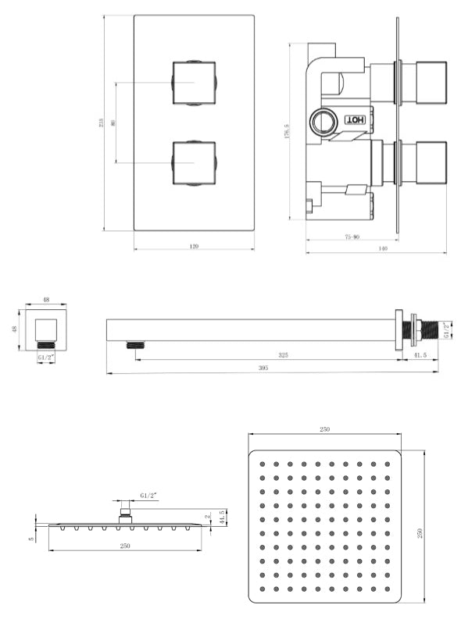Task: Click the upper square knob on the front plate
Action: tap(193, 82)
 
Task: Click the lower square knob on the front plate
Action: tap(193, 162)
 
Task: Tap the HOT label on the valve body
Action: tap(355, 120)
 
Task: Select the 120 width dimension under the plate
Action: tap(194, 246)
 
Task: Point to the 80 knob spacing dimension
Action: tap(114, 122)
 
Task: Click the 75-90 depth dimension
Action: tap(351, 237)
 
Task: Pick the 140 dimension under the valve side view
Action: tap(382, 248)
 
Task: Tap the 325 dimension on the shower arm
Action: tap(283, 355)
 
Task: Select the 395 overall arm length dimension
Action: tap(263, 368)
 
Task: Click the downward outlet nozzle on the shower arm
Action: tap(137, 344)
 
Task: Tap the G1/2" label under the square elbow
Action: tap(46, 357)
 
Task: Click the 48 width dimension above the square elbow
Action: tap(46, 299)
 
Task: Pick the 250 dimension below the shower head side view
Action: tap(124, 546)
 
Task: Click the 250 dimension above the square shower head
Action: tap(325, 429)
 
